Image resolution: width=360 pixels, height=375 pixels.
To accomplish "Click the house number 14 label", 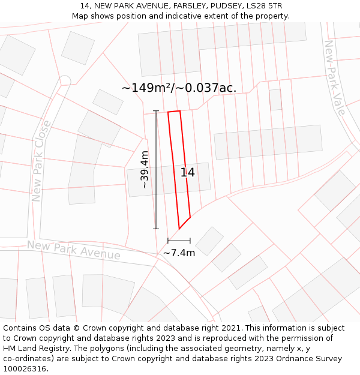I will (x=187, y=173).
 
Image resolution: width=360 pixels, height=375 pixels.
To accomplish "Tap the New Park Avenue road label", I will (x=73, y=250).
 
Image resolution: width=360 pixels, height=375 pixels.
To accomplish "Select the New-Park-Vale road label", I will (x=334, y=78).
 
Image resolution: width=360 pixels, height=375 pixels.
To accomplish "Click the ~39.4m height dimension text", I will (x=145, y=170).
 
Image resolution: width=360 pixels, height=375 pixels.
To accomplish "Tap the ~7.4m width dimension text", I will (x=179, y=253).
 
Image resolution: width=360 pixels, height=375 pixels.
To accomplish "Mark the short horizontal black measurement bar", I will (x=179, y=241).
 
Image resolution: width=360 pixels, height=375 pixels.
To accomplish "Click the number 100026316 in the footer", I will (x=24, y=369).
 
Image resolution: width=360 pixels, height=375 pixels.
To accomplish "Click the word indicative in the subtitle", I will (x=179, y=16).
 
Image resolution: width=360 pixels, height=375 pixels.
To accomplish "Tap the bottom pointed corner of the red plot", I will (x=179, y=229).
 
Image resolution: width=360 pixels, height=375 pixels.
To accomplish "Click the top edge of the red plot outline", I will (x=174, y=112).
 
